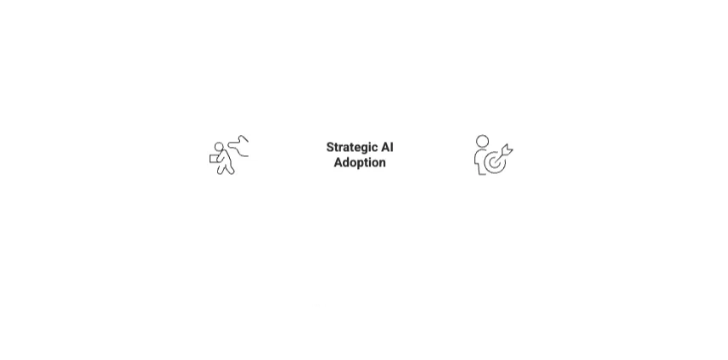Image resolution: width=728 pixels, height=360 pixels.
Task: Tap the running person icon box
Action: (x=229, y=155)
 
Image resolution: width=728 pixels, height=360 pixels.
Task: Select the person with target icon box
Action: (x=493, y=155)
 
